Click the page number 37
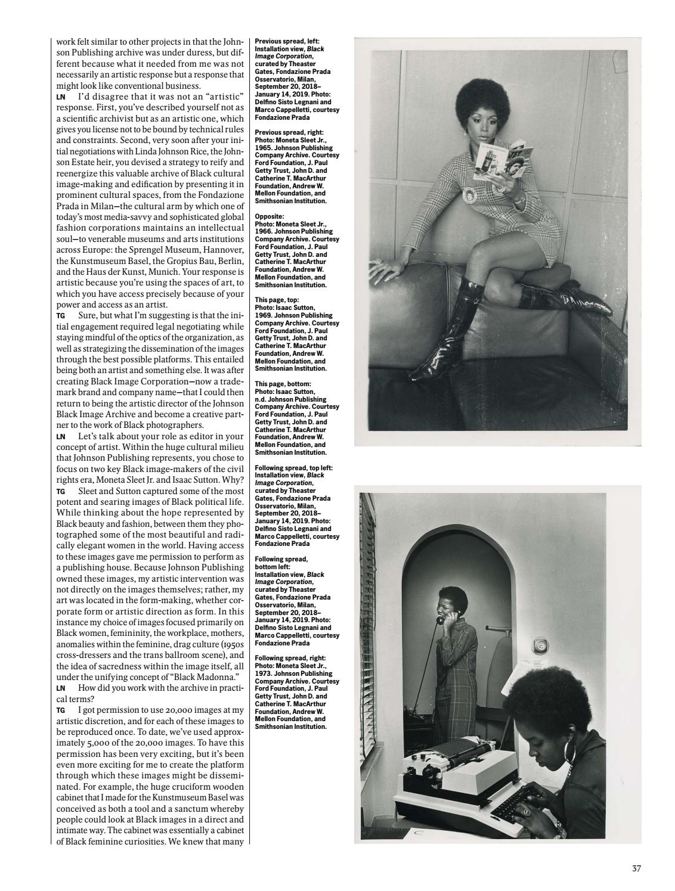636,868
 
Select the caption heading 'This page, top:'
278,300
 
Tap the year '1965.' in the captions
264,148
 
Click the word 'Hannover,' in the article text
220,249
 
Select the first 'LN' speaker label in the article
60,97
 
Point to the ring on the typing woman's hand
527,812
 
